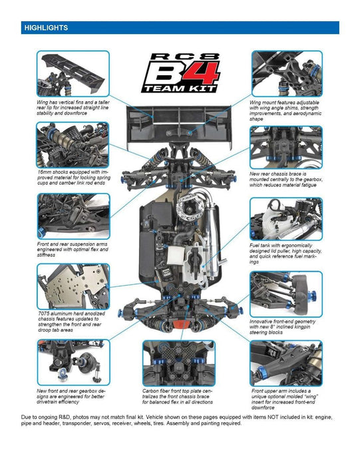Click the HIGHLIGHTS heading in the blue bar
pyautogui.click(x=45, y=28)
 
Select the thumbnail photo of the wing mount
pyautogui.click(x=286, y=74)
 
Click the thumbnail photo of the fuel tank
pyautogui.click(x=286, y=219)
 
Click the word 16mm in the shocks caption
pyautogui.click(x=46, y=172)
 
